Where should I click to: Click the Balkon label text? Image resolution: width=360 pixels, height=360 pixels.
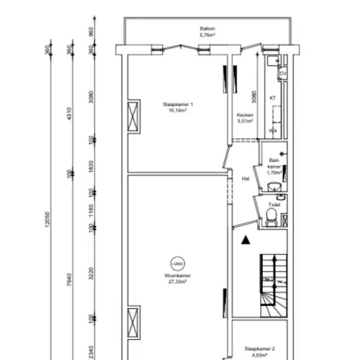point(207,29)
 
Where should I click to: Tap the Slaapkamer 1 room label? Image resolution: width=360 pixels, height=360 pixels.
point(178,105)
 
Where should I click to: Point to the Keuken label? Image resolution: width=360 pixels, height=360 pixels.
point(244,115)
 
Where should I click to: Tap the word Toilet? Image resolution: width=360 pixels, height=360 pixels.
point(271,204)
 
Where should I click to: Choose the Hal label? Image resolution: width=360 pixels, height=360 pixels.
point(246,178)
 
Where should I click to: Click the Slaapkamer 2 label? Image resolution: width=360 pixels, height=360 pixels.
point(259,348)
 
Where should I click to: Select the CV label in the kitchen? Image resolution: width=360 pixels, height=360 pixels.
point(282,74)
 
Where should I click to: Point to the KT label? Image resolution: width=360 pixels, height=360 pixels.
point(273,97)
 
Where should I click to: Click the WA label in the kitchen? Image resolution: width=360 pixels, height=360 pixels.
point(273,131)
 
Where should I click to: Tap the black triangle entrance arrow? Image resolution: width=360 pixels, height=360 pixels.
point(246,240)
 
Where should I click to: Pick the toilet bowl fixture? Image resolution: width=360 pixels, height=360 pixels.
point(271,220)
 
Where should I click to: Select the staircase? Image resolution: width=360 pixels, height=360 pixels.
point(274,284)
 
